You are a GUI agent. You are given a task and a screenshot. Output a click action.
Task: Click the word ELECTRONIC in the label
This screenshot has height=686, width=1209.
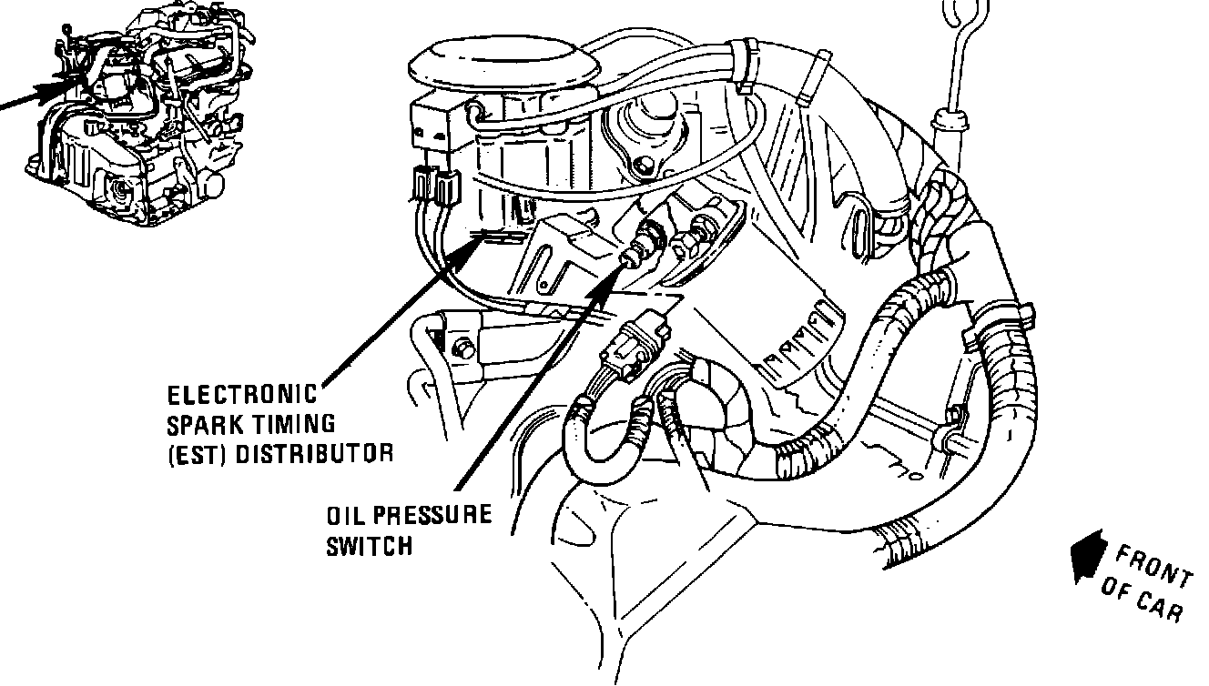(243, 396)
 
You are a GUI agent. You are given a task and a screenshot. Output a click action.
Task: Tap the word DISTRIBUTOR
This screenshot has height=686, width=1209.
(314, 453)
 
